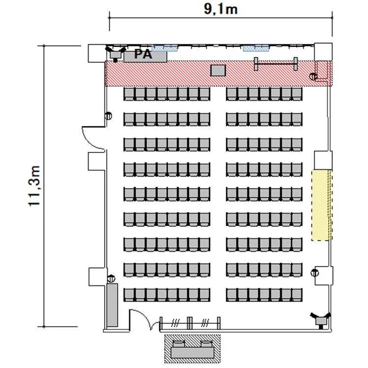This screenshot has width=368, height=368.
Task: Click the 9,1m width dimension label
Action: tap(220, 9)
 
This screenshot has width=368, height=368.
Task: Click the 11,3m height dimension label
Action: tap(34, 186)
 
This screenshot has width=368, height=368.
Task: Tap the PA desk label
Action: tap(143, 54)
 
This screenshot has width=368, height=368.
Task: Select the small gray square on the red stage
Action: tap(218, 70)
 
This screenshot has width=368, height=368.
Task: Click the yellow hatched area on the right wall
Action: tap(322, 205)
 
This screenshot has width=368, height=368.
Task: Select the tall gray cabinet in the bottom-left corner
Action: tap(112, 305)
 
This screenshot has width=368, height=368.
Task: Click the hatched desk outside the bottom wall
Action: tap(192, 349)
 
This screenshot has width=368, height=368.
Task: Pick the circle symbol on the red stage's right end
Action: tap(313, 77)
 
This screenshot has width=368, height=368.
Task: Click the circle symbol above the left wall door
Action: tap(108, 116)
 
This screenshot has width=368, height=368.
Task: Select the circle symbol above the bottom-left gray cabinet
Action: tap(111, 278)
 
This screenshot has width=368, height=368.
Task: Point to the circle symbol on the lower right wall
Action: tap(314, 273)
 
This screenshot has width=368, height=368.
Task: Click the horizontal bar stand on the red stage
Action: tap(276, 63)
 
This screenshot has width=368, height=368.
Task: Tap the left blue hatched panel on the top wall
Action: tap(164, 48)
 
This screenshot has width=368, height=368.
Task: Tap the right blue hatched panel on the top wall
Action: tap(256, 48)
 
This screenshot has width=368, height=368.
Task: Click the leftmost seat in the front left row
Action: tap(129, 94)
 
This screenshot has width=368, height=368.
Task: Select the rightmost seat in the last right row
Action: tap(297, 295)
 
